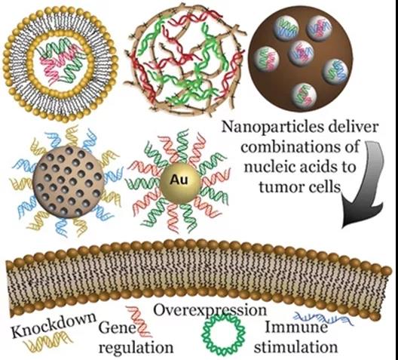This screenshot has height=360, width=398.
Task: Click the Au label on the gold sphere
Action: pos(179,180)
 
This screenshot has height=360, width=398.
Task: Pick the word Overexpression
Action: pos(210,310)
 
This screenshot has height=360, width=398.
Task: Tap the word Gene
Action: pos(118,328)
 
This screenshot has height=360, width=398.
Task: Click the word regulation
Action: pos(136,347)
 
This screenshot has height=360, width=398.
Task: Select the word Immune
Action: pos(296,327)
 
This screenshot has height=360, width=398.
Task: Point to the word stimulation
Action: pos(295,346)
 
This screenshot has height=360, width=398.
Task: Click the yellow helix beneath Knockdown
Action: pos(48,343)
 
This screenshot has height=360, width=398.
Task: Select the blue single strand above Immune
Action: pos(323,318)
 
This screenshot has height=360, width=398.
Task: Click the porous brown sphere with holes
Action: pos(69,181)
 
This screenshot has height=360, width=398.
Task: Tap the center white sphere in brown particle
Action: pos(302,54)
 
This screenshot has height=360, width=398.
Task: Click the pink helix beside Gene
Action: pos(139,321)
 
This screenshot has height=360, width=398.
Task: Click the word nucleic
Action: pos(263,166)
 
